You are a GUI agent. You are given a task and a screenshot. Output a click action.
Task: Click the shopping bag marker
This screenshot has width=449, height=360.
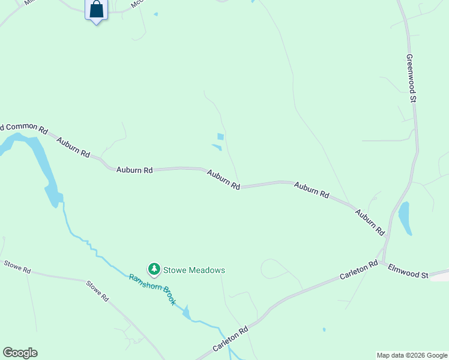tap(96, 10)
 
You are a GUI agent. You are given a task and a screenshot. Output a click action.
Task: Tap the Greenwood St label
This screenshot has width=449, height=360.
tap(411, 77)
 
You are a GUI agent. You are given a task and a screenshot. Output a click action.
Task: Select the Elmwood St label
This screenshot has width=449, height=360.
tap(408, 271)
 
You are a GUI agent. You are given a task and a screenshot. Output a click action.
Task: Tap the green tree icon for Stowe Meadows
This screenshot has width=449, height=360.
tap(154, 270)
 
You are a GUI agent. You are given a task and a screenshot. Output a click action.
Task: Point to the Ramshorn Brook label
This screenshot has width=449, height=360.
tap(152, 290)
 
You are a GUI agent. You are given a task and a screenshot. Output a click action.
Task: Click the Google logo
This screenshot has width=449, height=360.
tap(20, 353)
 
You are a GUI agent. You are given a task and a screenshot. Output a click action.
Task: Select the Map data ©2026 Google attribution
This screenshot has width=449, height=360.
tap(412, 355)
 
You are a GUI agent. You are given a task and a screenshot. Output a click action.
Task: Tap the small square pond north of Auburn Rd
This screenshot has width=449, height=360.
tap(220, 137)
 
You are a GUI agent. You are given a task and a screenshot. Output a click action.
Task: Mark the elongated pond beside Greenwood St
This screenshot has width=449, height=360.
tap(405, 218)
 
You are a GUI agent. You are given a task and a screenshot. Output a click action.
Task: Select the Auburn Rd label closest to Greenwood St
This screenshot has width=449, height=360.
tap(369, 221)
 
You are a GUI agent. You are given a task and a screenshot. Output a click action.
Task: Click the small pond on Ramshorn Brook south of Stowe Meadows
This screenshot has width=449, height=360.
tap(186, 313)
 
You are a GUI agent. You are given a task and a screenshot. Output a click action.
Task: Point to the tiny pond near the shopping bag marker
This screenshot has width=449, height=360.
tap(155, 14)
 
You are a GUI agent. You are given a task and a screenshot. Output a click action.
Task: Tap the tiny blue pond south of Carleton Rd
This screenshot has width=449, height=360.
tap(324, 329)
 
